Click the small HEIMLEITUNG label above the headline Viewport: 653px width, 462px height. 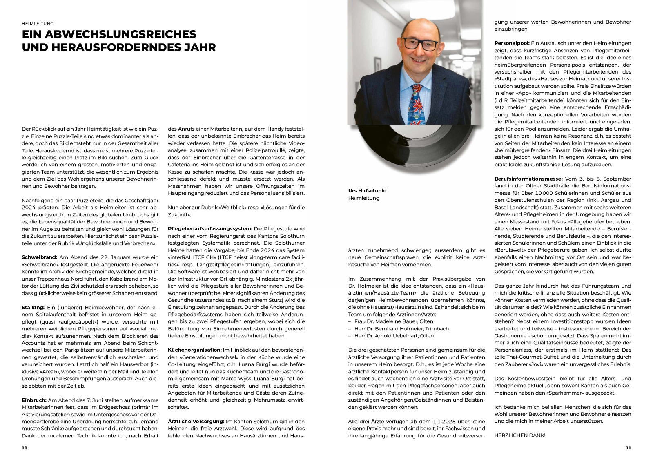[38, 24]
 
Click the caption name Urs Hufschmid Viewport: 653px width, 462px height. [367, 191]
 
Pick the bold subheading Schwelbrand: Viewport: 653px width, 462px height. [40, 257]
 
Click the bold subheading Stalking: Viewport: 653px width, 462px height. [33, 307]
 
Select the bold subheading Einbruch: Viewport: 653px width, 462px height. [34, 400]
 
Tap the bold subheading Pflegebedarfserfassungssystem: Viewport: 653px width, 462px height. [210, 229]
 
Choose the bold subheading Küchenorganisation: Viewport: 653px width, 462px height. [194, 350]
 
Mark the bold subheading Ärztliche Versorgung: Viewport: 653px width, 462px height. [196, 421]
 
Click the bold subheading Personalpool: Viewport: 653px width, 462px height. [512, 43]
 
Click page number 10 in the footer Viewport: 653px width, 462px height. [25, 448]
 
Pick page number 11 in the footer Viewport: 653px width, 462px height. [628, 448]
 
